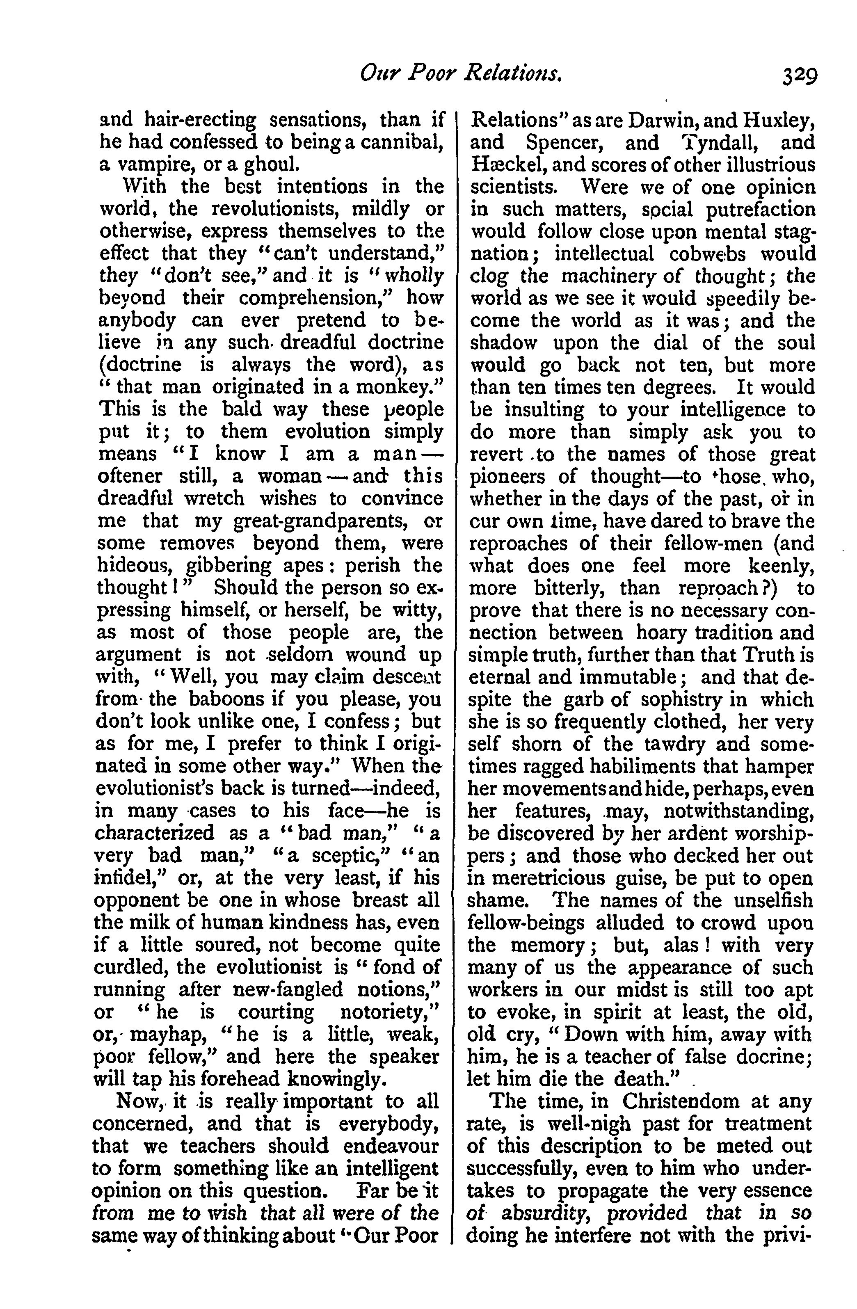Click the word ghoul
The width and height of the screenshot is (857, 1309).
point(268,164)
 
